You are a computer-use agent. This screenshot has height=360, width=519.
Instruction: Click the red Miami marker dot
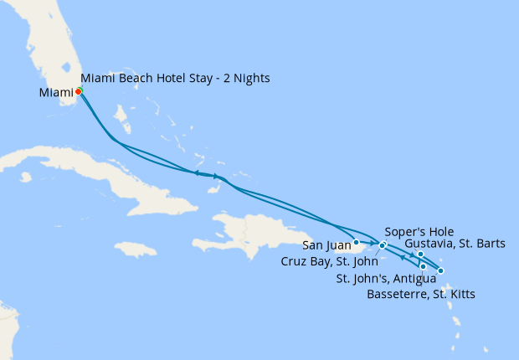[x=78, y=91]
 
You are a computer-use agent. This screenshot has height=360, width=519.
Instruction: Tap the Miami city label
[x=56, y=92]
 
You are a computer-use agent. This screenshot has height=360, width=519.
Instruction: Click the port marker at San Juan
[x=357, y=243]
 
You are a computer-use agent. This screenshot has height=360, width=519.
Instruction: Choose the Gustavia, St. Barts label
[x=455, y=244]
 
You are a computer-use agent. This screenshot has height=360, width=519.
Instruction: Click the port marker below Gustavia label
[x=420, y=255]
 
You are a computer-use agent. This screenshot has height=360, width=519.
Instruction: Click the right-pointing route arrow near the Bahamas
[x=216, y=176]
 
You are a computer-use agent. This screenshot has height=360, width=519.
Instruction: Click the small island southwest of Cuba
[x=26, y=177]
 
